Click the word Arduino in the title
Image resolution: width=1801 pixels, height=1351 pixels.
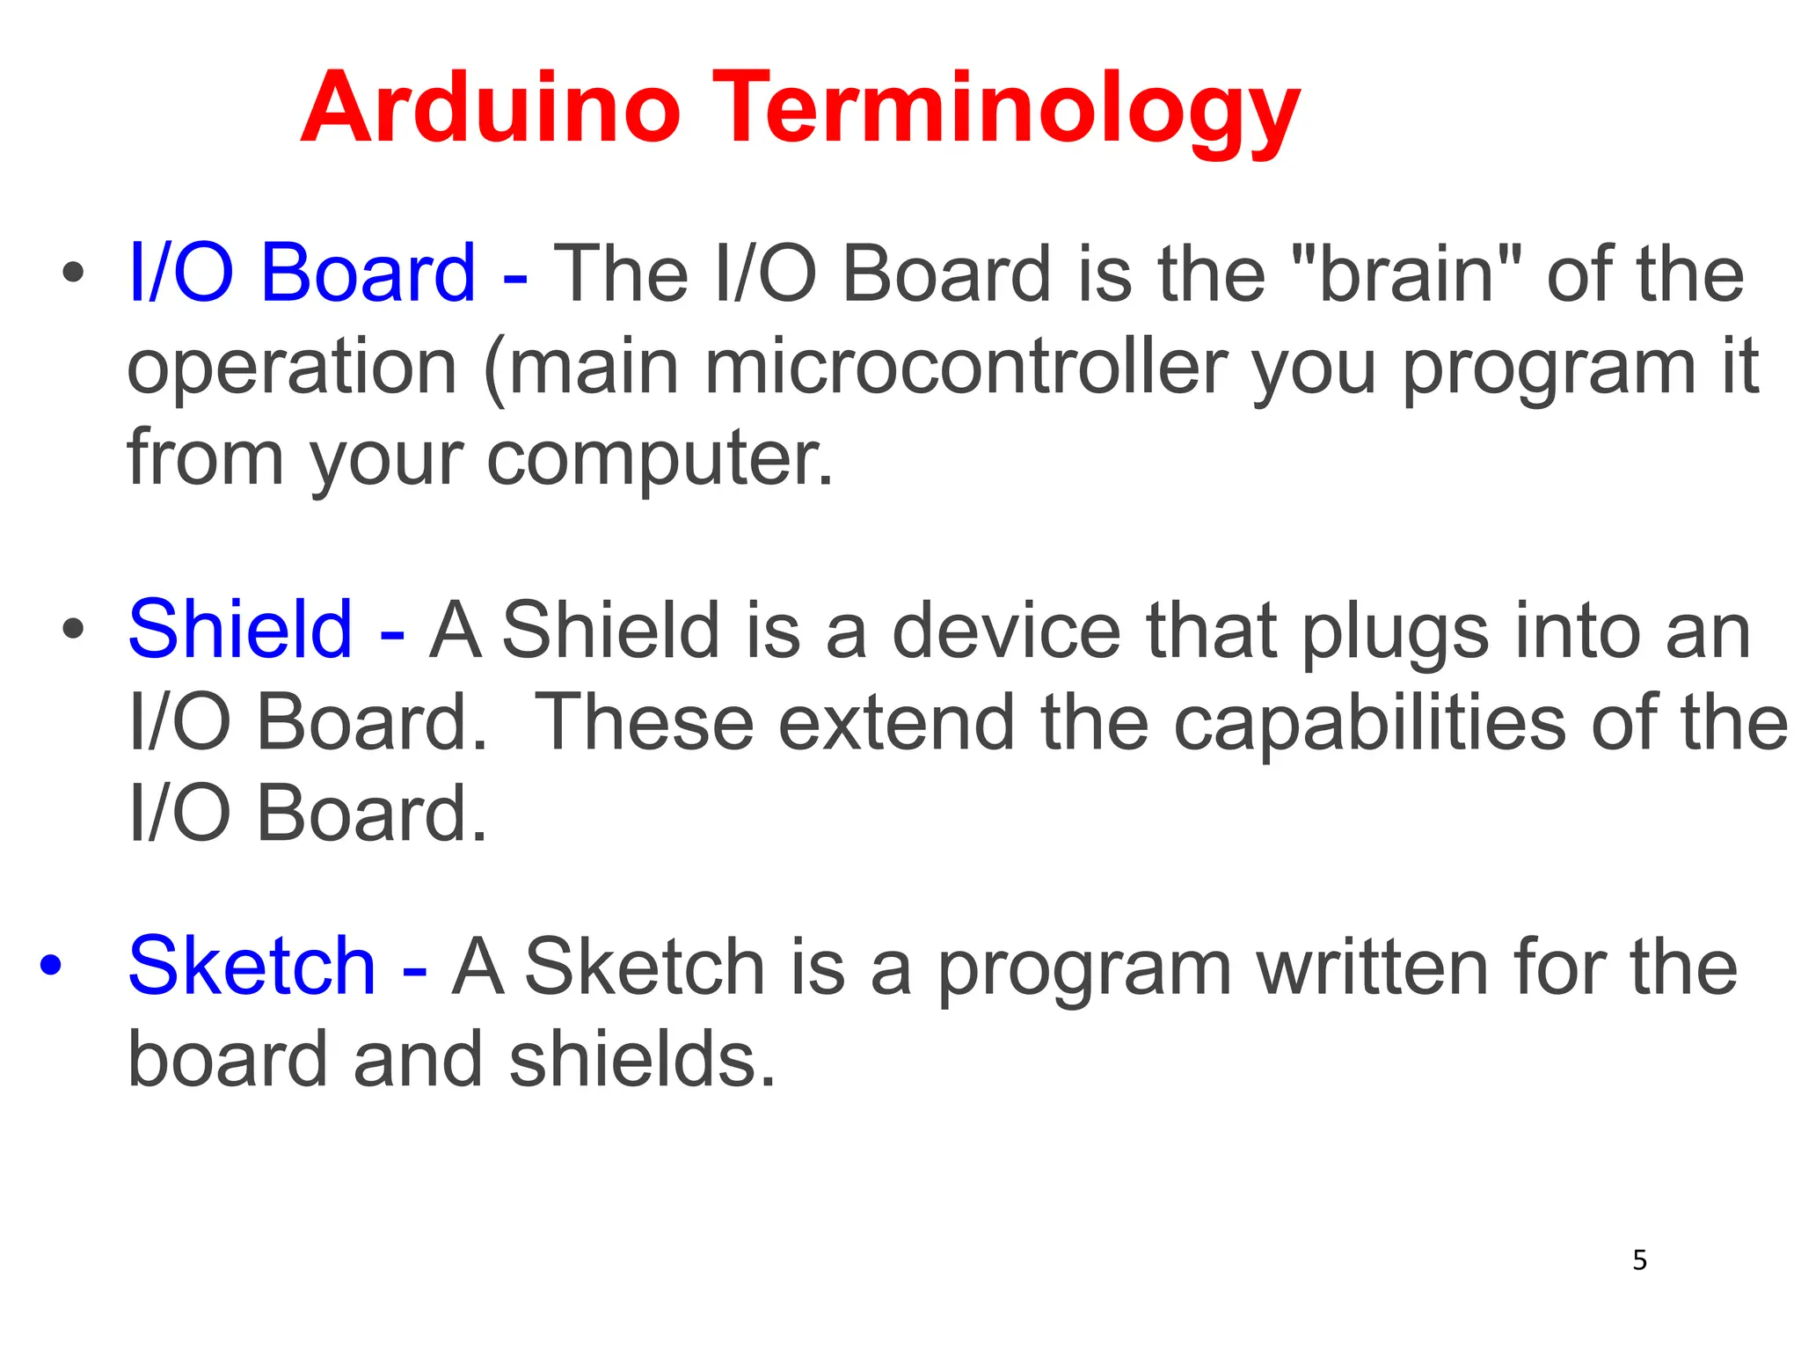pos(491,108)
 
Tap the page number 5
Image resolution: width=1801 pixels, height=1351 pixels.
pos(1639,1260)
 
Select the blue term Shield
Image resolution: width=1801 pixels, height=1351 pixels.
pos(240,629)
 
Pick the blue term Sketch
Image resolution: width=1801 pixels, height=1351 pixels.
pos(252,966)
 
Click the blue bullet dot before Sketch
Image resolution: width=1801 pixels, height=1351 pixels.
pos(51,966)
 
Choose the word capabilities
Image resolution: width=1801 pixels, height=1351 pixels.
pos(1369,723)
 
